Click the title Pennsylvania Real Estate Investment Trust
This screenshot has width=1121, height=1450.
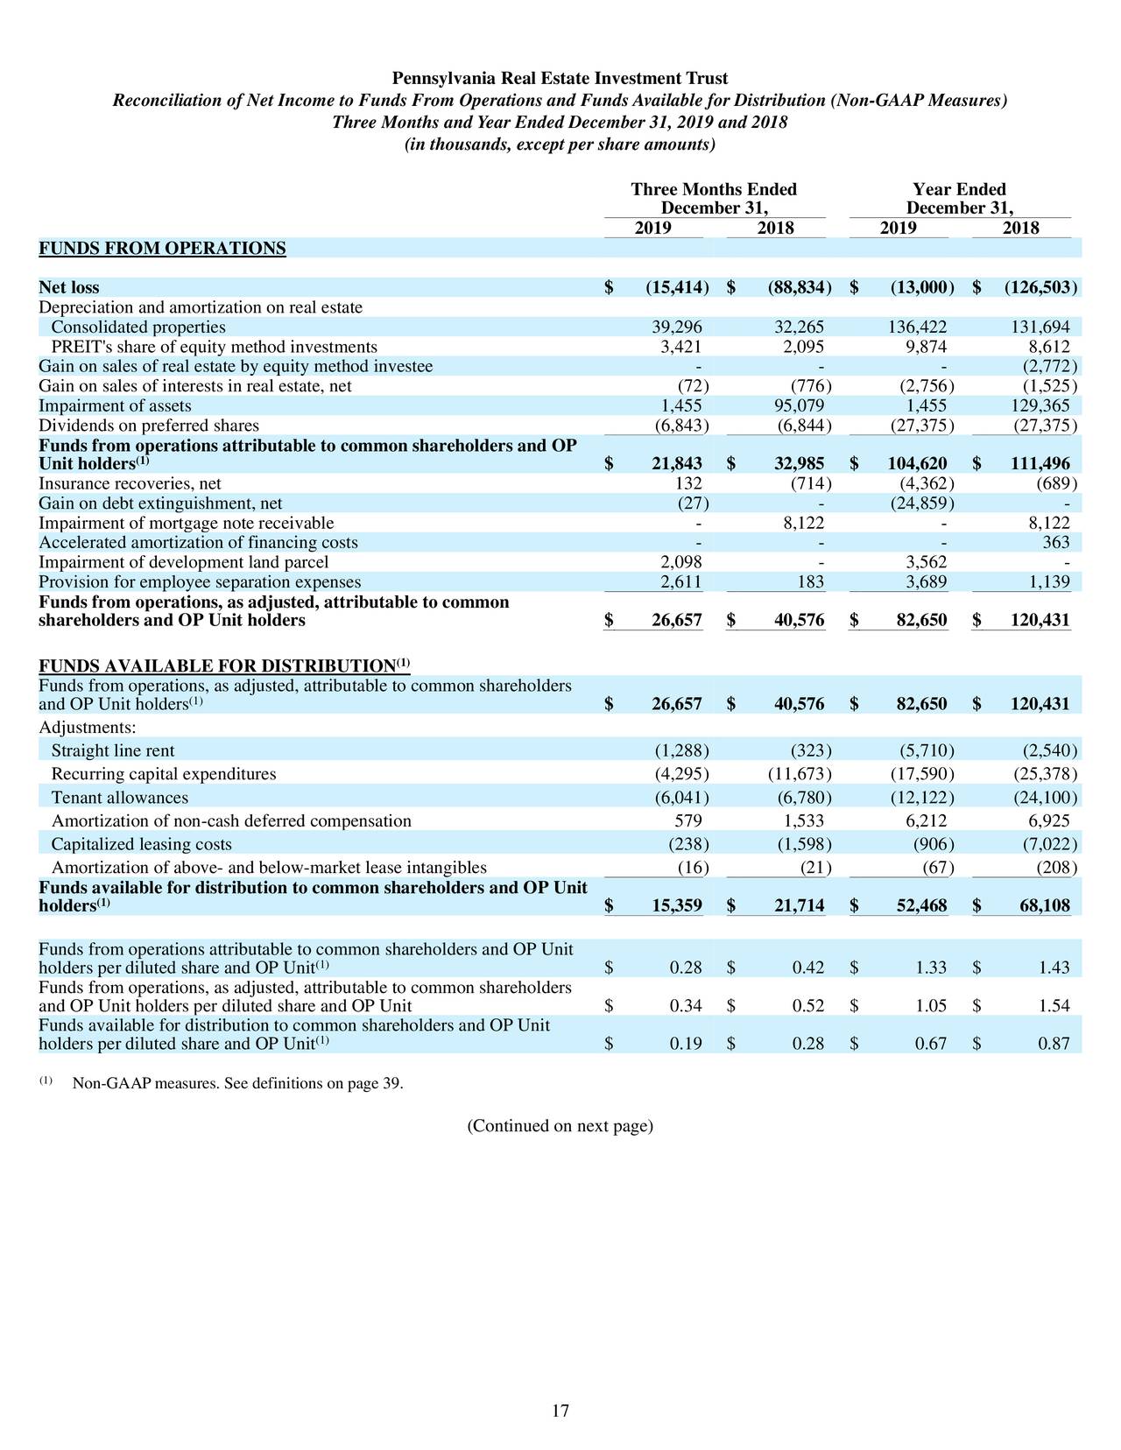pyautogui.click(x=560, y=79)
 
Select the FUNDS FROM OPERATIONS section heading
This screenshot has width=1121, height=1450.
pyautogui.click(x=162, y=249)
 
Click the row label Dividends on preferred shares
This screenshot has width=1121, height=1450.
pyautogui.click(x=149, y=426)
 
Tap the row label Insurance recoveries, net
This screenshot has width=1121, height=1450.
pyautogui.click(x=130, y=484)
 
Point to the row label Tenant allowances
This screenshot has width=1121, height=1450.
pyautogui.click(x=120, y=798)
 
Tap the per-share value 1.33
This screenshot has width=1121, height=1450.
pyautogui.click(x=931, y=968)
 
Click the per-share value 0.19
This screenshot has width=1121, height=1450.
pyautogui.click(x=686, y=1044)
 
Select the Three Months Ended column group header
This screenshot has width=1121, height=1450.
pyautogui.click(x=714, y=190)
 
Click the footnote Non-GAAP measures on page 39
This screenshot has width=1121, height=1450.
pyautogui.click(x=237, y=1085)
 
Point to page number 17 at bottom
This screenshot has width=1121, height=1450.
pyautogui.click(x=560, y=1411)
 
